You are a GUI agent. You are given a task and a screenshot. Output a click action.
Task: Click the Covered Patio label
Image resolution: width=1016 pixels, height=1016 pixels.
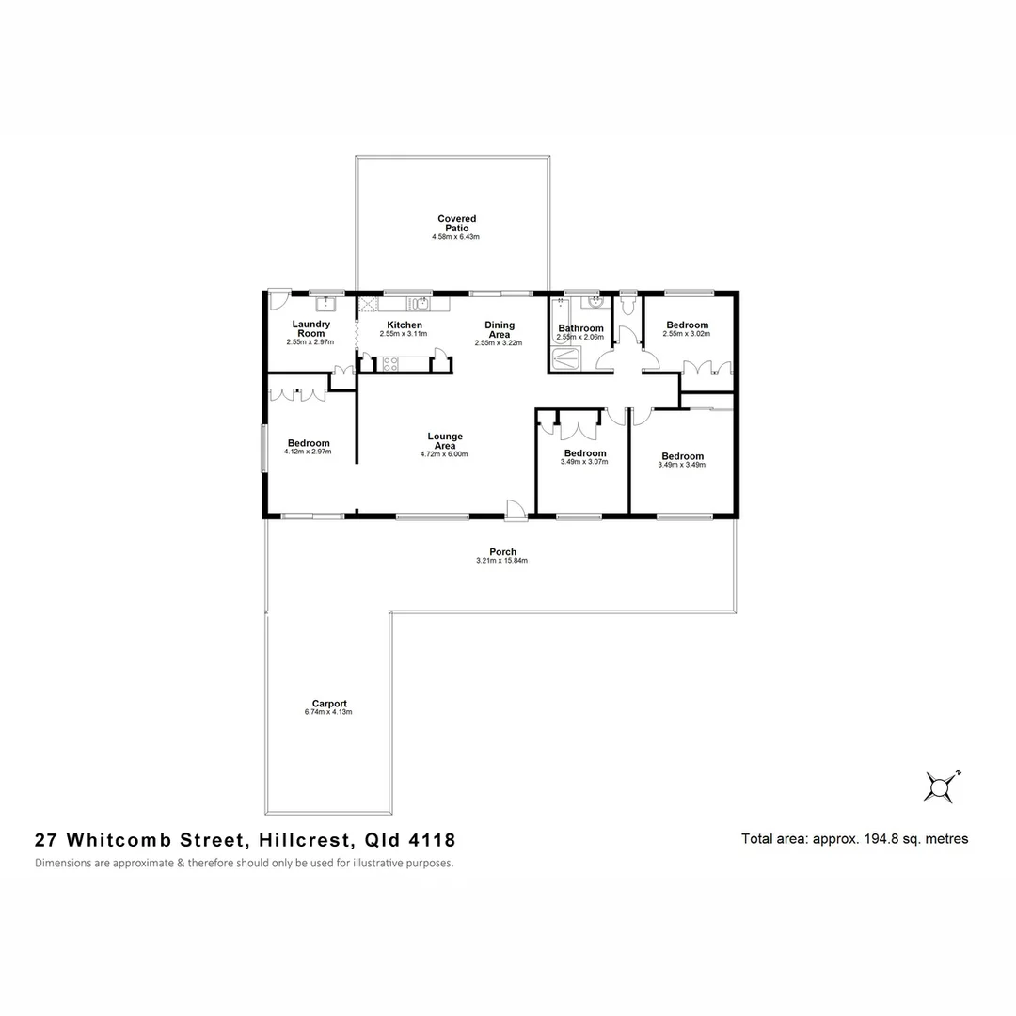[x=456, y=224]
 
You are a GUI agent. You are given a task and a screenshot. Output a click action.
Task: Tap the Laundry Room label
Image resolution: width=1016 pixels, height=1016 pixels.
[x=310, y=329]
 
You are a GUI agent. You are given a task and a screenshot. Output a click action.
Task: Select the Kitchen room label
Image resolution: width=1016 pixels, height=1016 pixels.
[x=404, y=325]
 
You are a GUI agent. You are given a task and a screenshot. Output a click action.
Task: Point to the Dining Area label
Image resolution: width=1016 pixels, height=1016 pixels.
[x=499, y=329]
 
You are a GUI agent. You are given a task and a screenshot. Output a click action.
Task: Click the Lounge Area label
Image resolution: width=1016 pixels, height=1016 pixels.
[x=444, y=441]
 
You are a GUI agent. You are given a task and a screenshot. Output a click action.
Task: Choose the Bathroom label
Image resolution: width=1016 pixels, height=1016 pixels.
[x=579, y=328]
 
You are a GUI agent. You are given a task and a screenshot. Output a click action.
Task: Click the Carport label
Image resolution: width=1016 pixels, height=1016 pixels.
[x=330, y=704]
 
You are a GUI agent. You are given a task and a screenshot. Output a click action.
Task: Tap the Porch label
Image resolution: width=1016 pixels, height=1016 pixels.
[x=502, y=552]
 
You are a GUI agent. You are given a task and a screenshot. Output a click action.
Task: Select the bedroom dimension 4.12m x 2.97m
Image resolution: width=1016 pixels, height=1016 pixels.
[x=308, y=452]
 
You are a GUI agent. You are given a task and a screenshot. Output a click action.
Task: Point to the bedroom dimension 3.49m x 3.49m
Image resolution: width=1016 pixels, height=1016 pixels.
[x=682, y=464]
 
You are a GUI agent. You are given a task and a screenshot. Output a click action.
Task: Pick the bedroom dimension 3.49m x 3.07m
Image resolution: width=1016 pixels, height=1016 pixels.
[x=584, y=462]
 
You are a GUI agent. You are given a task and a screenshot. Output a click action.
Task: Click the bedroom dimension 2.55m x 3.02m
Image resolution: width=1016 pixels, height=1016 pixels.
[x=687, y=334]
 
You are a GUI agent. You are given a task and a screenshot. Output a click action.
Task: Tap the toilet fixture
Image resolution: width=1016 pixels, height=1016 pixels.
[x=628, y=306]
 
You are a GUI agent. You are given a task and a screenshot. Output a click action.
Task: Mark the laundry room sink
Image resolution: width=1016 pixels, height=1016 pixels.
[x=325, y=304]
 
